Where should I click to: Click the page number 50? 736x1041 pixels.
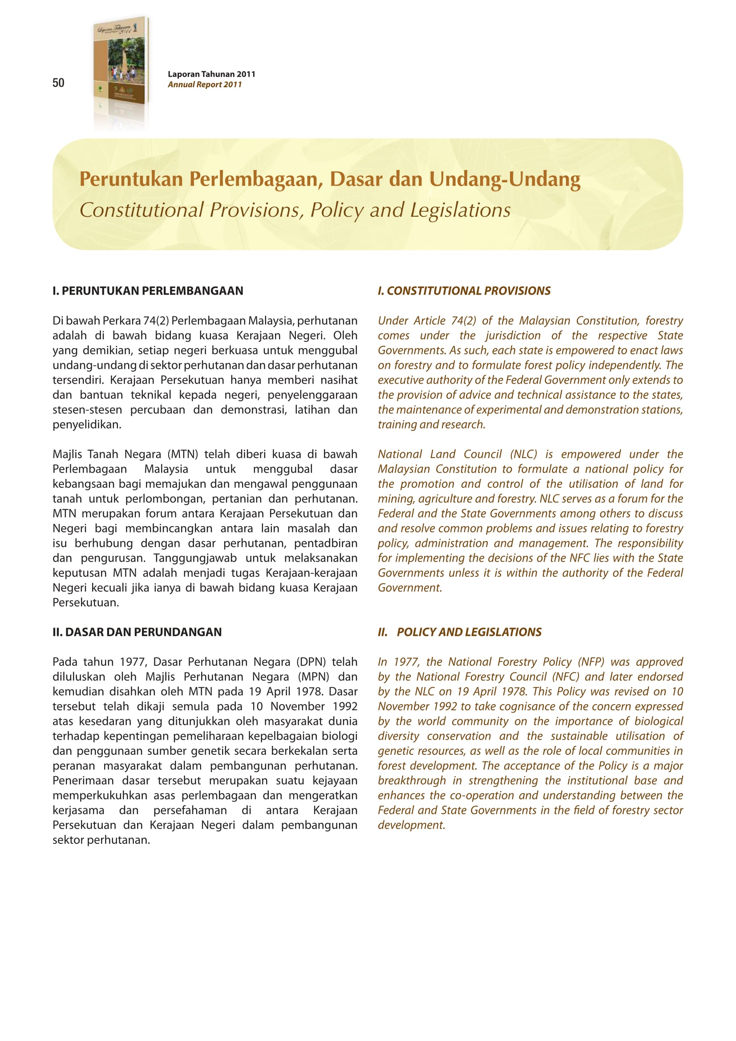tap(58, 82)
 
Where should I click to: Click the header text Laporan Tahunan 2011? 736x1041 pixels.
tap(211, 74)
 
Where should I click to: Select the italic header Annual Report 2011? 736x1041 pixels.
tap(204, 84)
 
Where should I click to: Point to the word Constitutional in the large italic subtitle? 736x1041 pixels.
tap(142, 210)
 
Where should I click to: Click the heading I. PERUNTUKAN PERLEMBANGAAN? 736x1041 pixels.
tap(148, 291)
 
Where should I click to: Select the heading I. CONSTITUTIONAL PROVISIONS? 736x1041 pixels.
tap(464, 291)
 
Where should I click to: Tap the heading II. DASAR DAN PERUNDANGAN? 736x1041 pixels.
tap(137, 632)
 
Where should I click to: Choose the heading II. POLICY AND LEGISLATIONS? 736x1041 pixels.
tap(460, 632)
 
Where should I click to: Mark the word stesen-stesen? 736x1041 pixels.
tap(87, 409)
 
